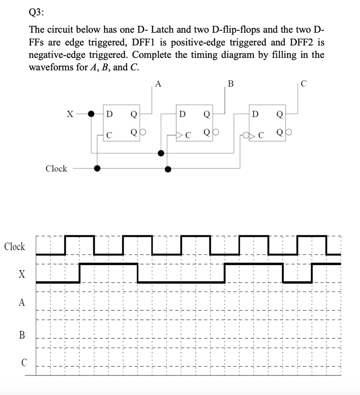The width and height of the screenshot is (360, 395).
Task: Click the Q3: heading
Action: click(x=37, y=13)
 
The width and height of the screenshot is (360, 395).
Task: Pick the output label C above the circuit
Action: click(x=304, y=84)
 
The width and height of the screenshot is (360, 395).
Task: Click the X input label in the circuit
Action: click(x=70, y=114)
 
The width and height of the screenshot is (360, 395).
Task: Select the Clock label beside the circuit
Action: click(x=56, y=169)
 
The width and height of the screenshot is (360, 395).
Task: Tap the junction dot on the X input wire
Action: click(x=91, y=114)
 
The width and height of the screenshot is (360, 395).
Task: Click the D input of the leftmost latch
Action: click(x=109, y=114)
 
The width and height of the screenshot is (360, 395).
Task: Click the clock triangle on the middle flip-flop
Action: click(x=180, y=135)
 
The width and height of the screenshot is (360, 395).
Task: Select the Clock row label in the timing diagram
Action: click(x=15, y=246)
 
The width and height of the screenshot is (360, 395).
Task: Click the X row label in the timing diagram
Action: click(x=22, y=275)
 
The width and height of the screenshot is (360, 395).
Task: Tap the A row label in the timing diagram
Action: click(x=22, y=303)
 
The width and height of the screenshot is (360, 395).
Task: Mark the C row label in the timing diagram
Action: click(x=24, y=363)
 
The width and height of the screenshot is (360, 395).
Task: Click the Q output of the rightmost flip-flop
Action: click(x=279, y=114)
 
